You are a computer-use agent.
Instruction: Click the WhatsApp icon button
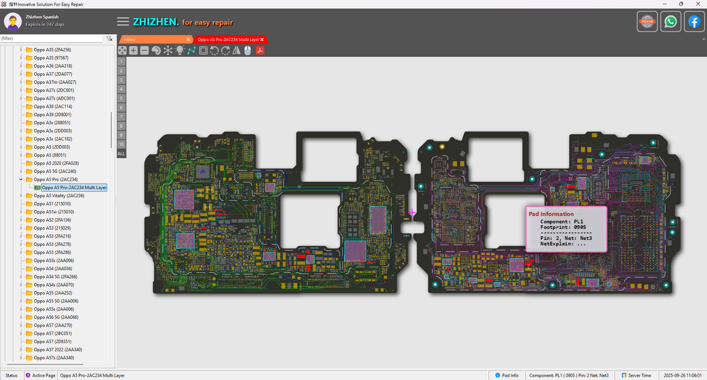(671, 22)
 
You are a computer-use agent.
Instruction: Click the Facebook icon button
(694, 22)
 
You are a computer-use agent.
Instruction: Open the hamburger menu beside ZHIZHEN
(123, 22)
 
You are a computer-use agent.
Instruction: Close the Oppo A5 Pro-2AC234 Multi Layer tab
(262, 40)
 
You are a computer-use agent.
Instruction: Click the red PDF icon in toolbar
(259, 50)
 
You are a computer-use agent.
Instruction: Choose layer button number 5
(121, 98)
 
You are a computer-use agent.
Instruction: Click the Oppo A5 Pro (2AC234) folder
(55, 180)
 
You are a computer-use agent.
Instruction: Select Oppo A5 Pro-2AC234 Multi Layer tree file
(74, 188)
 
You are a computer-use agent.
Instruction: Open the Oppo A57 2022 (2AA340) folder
(57, 350)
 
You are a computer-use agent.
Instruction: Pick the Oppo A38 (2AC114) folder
(52, 107)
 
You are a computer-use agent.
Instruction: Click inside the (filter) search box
(51, 39)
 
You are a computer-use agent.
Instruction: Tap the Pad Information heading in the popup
(551, 214)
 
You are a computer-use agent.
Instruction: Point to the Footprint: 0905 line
(563, 227)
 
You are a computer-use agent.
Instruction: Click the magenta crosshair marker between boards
(412, 212)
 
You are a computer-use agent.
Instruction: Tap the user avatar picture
(13, 22)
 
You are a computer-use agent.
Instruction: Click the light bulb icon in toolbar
(180, 50)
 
